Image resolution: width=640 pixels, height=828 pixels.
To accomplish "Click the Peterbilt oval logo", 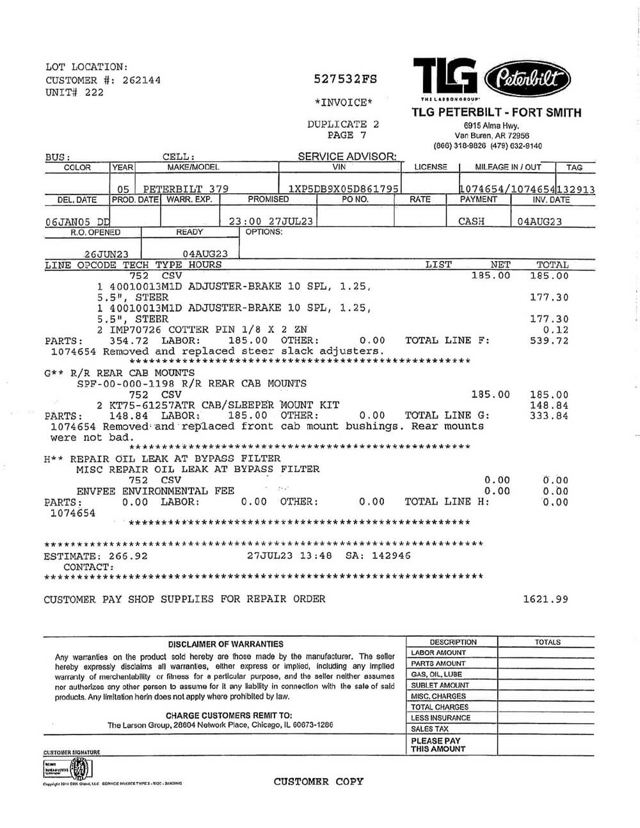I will point(527,79).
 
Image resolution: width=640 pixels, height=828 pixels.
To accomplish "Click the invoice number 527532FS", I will point(345,79).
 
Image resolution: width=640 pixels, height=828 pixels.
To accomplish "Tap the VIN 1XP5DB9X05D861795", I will point(344,189).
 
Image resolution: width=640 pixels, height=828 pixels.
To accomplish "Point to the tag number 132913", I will point(576,189).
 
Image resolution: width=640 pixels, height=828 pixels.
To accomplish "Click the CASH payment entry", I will point(472,221).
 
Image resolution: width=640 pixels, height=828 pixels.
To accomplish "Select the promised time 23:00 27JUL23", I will point(271,221).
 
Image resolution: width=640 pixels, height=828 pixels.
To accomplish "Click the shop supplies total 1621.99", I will point(545,600).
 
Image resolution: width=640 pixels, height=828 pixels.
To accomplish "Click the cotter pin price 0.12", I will point(556,330).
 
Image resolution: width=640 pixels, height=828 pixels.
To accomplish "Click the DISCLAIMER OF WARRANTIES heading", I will point(225,644).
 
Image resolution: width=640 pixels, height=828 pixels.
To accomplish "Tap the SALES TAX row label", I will point(429,729).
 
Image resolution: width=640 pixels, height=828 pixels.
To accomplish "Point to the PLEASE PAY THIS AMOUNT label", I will point(438,744).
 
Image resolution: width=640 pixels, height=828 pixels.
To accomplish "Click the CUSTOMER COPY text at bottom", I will point(318,781).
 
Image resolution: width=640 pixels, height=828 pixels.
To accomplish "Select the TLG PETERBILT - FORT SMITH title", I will point(497,113).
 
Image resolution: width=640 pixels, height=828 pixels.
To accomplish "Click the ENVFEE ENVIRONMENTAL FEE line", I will point(155,491).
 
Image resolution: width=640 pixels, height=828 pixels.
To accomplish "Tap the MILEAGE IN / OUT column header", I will point(508,167).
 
